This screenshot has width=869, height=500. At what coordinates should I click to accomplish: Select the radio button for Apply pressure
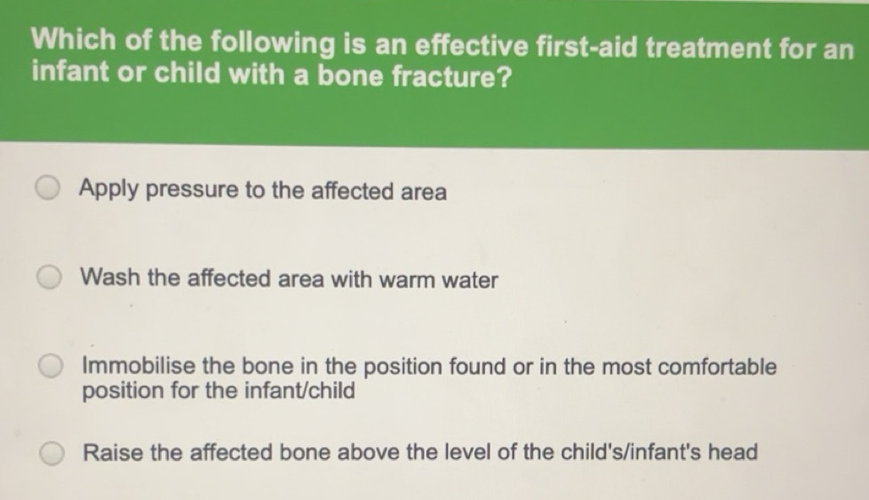tap(48, 188)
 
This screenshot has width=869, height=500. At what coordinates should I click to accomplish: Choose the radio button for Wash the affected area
tap(50, 277)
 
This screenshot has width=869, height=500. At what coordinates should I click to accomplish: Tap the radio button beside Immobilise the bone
tap(51, 366)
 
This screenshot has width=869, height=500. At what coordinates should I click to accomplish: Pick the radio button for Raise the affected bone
tap(52, 454)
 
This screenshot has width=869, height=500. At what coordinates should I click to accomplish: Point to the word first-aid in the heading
tap(586, 47)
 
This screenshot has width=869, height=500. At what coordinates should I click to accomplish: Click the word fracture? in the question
tap(451, 76)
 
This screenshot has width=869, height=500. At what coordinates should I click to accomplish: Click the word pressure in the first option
tap(192, 190)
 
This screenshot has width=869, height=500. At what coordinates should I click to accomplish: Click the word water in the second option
tap(469, 280)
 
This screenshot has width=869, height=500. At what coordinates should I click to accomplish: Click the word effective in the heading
tap(472, 45)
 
